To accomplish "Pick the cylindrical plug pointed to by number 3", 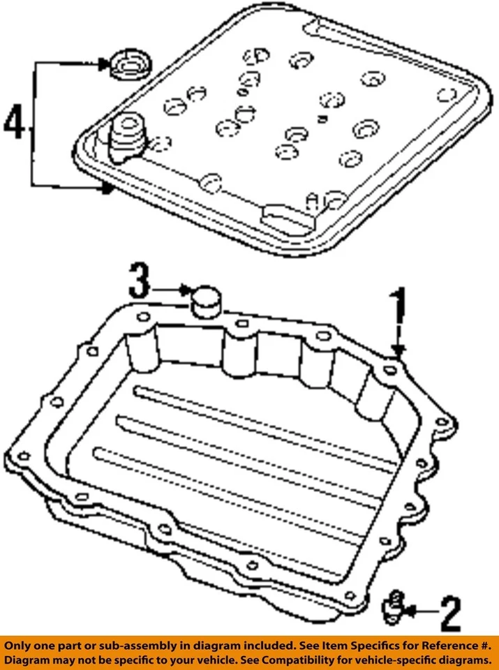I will tap(205, 301).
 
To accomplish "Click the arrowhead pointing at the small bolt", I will tap(411, 611).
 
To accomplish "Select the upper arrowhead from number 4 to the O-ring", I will tap(105, 65).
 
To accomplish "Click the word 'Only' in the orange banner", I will tap(21, 644).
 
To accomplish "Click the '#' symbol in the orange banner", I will tap(484, 644).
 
